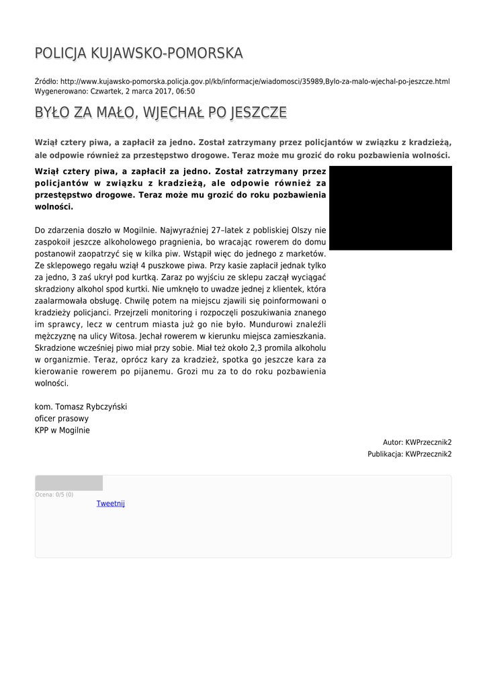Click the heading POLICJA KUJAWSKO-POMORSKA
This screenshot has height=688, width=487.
click(x=139, y=53)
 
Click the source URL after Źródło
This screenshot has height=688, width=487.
click(x=255, y=81)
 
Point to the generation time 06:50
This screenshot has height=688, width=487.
click(x=185, y=91)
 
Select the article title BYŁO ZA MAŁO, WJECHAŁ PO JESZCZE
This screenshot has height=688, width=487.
click(x=161, y=112)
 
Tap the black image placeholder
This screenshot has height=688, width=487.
click(x=390, y=208)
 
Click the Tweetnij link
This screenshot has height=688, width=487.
click(x=111, y=503)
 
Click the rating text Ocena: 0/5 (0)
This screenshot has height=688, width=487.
click(x=54, y=494)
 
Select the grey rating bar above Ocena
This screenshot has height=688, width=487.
click(x=69, y=483)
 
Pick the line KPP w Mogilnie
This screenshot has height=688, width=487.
click(x=62, y=430)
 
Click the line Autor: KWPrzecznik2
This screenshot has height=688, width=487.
click(x=417, y=442)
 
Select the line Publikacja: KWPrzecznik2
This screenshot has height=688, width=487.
click(x=409, y=454)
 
